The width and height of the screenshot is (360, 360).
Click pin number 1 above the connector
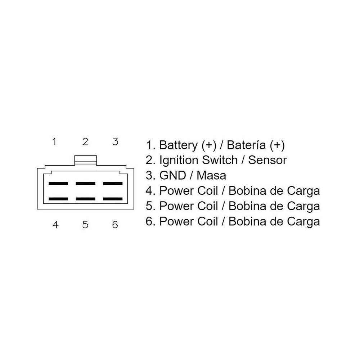(x=54, y=141)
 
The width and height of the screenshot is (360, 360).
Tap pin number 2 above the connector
(x=85, y=141)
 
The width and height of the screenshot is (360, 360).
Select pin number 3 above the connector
(x=115, y=141)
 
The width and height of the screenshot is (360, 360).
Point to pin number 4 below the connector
(x=55, y=225)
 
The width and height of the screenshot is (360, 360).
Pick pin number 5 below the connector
(x=85, y=225)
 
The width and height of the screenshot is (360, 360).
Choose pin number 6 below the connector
(x=115, y=225)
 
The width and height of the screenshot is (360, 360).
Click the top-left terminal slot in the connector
(x=58, y=183)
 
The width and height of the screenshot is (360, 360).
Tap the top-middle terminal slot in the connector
(x=85, y=183)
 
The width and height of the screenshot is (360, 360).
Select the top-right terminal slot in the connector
(x=113, y=183)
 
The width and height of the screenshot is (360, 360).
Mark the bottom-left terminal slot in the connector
(x=58, y=198)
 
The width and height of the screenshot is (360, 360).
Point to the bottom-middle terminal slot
(x=85, y=198)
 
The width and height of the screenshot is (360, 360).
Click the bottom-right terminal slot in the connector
(x=113, y=198)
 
